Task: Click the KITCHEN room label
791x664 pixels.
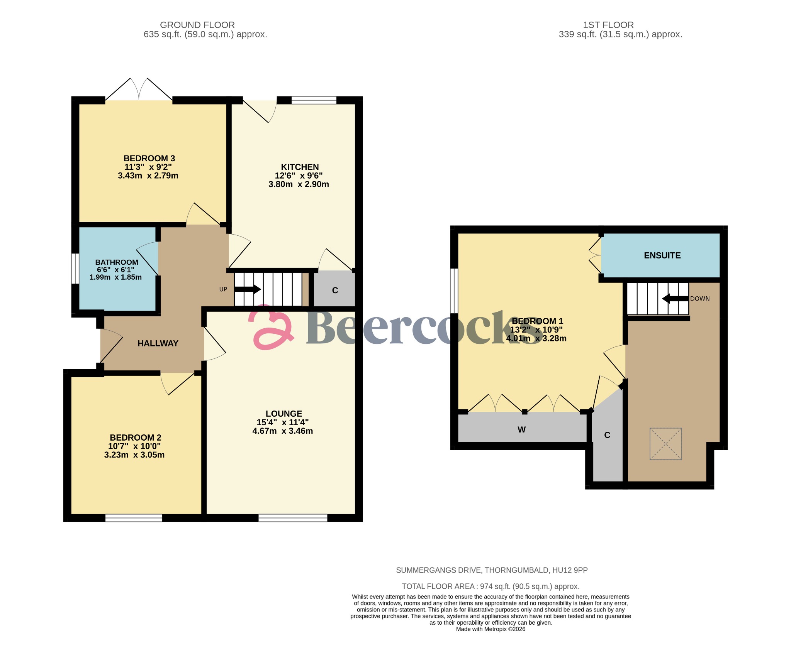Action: point(300,167)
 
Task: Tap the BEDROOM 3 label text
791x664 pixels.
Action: point(149,158)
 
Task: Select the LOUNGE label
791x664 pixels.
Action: point(283,414)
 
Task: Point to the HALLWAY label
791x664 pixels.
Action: point(158,343)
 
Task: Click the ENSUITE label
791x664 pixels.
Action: point(662,255)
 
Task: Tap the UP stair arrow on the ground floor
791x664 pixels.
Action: point(248,289)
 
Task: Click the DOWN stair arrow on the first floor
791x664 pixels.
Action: point(675,299)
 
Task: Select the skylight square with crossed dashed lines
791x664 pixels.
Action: point(665,444)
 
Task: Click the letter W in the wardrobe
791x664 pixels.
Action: point(521,430)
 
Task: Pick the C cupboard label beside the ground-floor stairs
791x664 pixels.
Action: point(335,291)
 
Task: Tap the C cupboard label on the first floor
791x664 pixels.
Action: point(607,435)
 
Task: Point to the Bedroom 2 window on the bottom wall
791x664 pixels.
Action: point(134,518)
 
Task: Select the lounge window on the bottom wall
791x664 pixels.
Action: point(293,518)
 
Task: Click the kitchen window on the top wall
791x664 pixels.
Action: point(314,100)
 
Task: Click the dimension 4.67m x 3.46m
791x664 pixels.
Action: point(282,431)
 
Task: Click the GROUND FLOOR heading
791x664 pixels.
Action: point(197,25)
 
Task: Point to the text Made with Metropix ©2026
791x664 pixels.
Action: point(491,629)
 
